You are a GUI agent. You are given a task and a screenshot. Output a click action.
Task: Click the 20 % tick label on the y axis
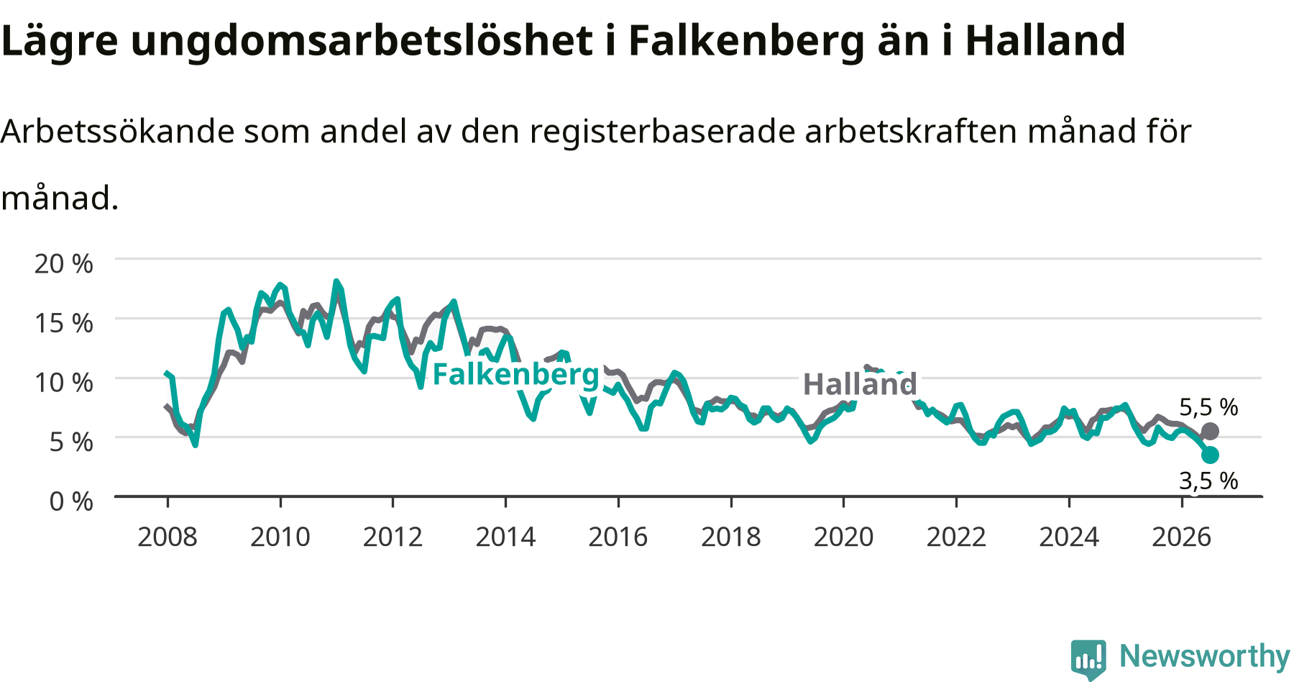coord(64,264)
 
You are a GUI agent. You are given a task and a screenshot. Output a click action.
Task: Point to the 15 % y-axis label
coord(64,323)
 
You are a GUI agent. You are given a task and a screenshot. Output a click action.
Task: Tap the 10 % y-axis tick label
coord(64,383)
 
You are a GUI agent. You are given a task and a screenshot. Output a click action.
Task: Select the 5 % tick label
coord(71,442)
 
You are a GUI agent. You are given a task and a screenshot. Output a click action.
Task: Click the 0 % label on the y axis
coord(71,501)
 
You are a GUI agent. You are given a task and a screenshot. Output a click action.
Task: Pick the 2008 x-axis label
coord(168,537)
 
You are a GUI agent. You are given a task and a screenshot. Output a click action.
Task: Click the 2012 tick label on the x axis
coord(393,537)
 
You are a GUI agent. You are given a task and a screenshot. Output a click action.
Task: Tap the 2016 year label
coord(618,537)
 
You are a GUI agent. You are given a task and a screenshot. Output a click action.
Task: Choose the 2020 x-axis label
coord(844,537)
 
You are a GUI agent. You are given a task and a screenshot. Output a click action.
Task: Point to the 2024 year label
coord(1069,537)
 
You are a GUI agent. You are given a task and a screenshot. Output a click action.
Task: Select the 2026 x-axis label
coord(1182,537)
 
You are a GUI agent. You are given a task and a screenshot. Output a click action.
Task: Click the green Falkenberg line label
coord(515,375)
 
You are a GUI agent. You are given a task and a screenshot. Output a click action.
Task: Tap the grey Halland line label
coord(860,384)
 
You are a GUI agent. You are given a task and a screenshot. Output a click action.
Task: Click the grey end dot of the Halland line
coord(1210,432)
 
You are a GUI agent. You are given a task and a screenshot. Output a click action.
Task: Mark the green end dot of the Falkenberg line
coord(1210,455)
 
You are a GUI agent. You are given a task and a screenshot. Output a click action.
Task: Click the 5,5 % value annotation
coord(1208,407)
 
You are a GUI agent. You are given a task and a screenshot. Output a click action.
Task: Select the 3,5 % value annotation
coord(1208,481)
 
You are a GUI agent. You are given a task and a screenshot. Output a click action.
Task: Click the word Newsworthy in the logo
coord(1205,656)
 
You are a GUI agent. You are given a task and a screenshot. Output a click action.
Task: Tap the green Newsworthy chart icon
coord(1088,658)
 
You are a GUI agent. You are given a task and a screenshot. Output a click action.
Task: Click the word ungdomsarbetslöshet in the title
coord(362,42)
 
